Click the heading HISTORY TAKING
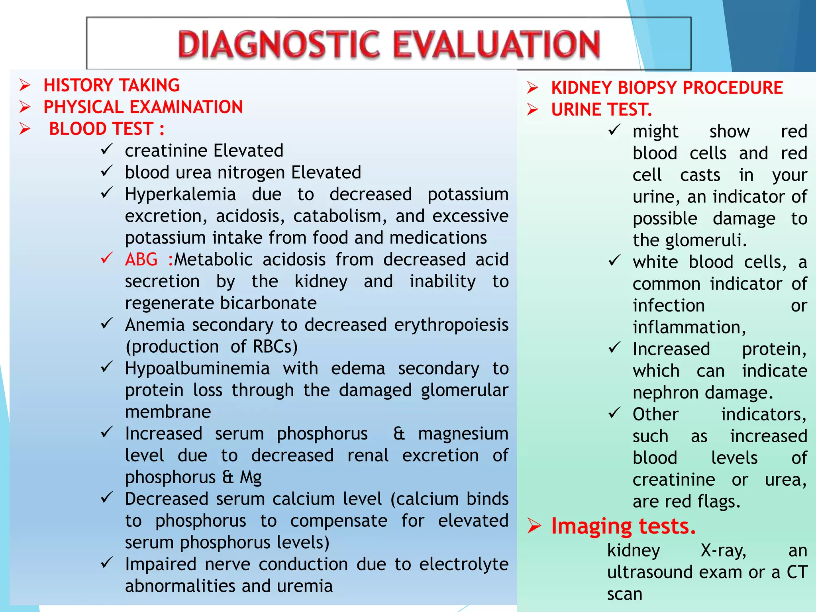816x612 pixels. click(112, 85)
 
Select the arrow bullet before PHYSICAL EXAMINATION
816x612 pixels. click(25, 107)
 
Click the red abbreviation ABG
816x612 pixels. click(141, 259)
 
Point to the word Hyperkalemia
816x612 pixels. click(180, 194)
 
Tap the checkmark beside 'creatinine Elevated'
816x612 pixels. click(107, 150)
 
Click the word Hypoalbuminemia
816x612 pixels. click(197, 368)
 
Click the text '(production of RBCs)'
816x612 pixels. click(212, 347)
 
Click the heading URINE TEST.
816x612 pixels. click(601, 110)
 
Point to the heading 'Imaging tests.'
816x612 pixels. click(623, 526)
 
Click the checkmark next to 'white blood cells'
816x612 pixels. click(614, 261)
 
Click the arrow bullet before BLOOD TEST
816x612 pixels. click(25, 129)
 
